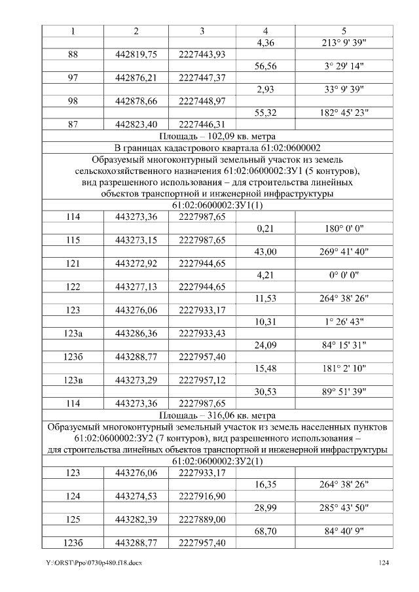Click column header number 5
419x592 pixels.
coord(344,31)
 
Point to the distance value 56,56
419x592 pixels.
coord(265,66)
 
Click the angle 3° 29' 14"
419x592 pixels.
coord(344,66)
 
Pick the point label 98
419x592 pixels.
coord(73,100)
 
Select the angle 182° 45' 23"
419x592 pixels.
coord(344,112)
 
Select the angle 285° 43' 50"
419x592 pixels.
coord(344,508)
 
